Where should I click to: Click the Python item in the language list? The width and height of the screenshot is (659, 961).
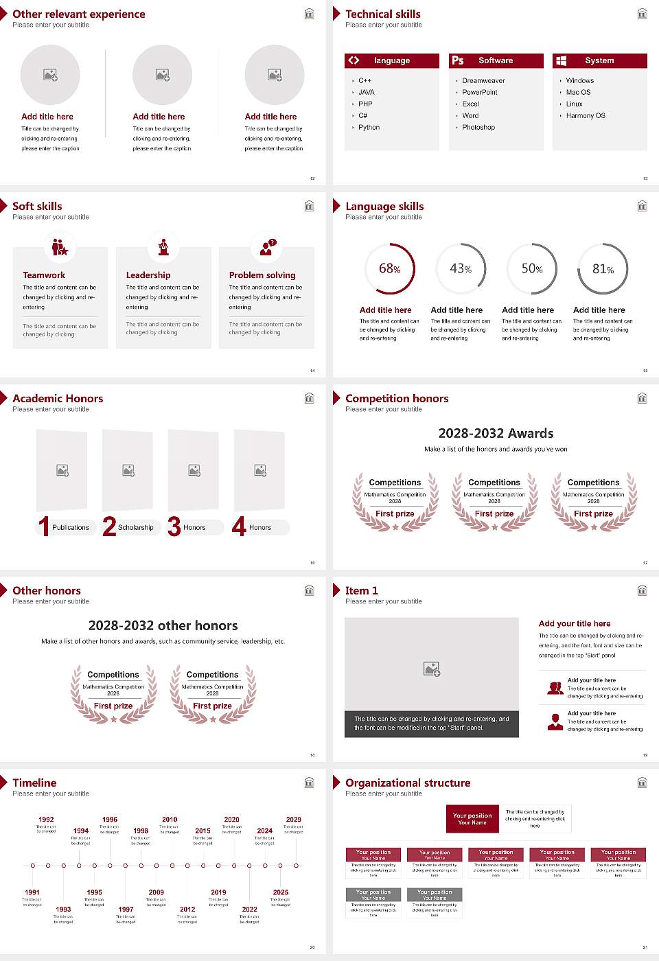369,128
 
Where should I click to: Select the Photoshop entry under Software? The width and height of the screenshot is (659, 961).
478,128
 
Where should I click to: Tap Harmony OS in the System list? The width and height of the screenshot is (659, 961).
586,116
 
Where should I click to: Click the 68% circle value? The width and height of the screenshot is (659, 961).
389,268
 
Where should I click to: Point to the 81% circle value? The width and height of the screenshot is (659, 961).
603,269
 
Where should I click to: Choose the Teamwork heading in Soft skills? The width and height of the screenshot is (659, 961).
44,275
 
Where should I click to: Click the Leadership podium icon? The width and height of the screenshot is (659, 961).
163,247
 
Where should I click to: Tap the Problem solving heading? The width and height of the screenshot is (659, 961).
262,275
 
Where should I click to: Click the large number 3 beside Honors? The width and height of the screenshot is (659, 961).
174,526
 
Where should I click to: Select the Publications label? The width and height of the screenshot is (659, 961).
71,528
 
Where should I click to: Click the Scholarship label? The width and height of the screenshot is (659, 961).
136,528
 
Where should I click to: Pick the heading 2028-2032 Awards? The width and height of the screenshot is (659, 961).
496,433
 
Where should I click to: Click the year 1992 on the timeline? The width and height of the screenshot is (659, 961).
46,820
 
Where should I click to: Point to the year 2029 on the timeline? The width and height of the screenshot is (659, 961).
294,820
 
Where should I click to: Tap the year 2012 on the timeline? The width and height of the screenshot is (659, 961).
187,910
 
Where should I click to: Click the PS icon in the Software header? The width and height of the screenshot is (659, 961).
458,60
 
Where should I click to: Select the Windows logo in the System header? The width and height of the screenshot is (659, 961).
561,60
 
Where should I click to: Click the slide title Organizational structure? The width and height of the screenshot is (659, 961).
408,783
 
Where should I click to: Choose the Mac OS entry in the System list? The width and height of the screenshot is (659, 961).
578,93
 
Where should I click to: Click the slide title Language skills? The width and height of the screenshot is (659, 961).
384,206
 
